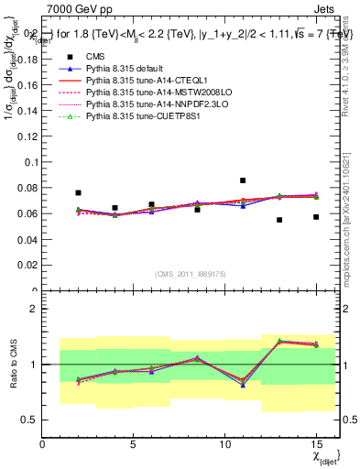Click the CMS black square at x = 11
click(x=243, y=180)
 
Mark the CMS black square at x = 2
click(x=79, y=193)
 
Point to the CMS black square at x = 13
click(x=279, y=220)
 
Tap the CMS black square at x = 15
click(x=316, y=217)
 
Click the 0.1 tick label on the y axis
click(x=30, y=162)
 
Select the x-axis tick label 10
click(x=224, y=444)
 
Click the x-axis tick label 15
click(x=316, y=444)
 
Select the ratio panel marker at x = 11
click(x=243, y=383)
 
